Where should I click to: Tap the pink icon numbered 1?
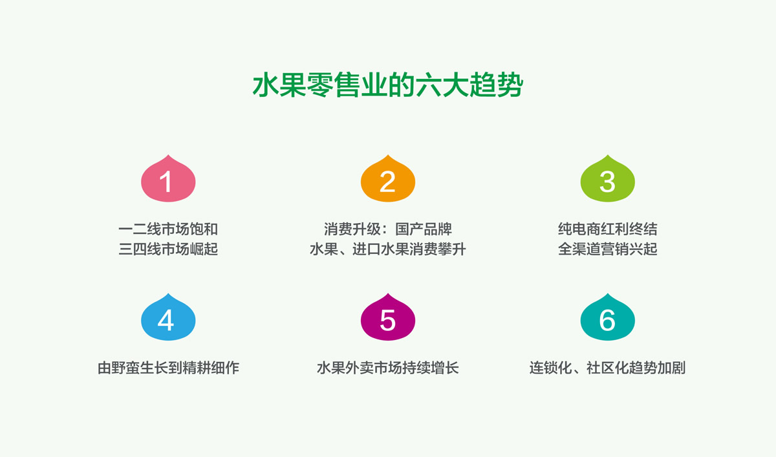point(168,180)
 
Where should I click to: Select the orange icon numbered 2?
point(387,180)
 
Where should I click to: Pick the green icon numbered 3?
point(607,180)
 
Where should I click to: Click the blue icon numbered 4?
point(168,319)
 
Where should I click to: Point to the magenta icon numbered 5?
point(387,319)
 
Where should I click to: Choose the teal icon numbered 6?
point(607,319)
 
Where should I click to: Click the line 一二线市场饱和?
point(168,229)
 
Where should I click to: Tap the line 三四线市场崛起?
point(168,249)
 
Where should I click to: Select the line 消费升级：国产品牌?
point(387,229)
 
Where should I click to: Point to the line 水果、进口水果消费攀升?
point(387,249)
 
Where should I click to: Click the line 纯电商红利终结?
point(607,229)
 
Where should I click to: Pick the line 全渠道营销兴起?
point(607,249)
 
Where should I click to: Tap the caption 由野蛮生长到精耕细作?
point(168,368)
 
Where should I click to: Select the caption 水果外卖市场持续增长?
point(387,368)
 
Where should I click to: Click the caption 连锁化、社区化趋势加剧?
point(607,368)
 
